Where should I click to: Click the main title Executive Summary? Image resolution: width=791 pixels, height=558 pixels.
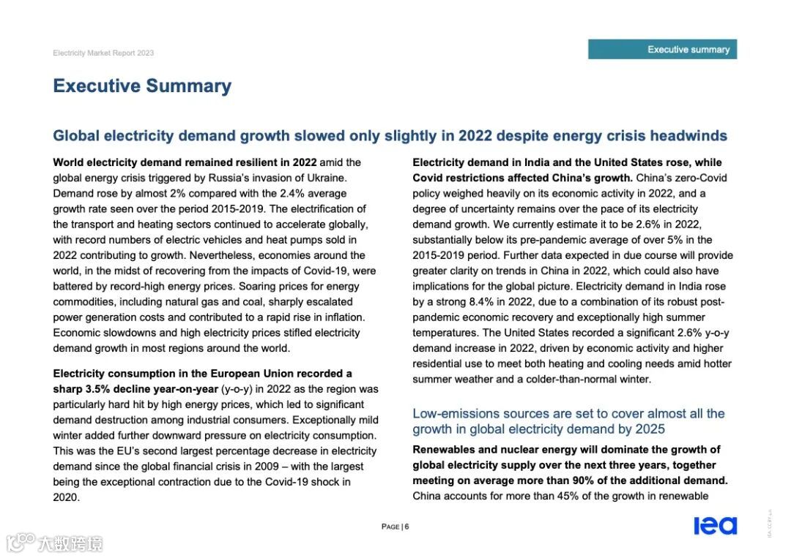coord(142,86)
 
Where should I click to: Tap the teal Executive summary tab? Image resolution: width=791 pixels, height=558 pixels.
coord(662,49)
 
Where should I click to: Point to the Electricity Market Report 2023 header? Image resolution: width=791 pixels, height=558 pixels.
coord(103,53)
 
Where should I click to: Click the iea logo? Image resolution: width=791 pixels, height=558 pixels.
coord(716,525)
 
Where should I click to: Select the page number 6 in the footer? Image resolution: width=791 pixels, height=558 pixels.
coord(406,527)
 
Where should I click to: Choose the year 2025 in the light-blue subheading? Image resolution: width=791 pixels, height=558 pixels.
coord(650,429)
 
